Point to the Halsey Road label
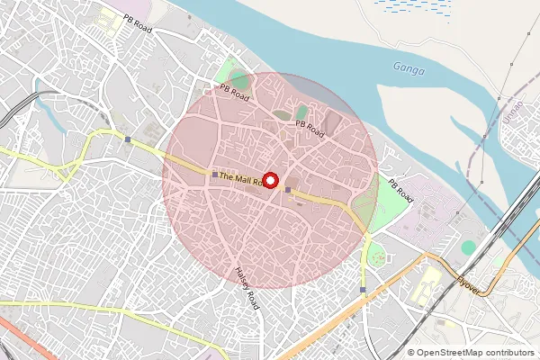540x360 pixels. click(x=246, y=287)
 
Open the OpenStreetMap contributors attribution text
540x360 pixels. click(x=476, y=353)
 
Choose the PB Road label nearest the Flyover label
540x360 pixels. click(x=401, y=190)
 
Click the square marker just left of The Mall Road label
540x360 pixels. click(x=214, y=174)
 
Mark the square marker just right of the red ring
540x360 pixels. click(x=288, y=189)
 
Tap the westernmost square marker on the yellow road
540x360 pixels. click(x=129, y=139)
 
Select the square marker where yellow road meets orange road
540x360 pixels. click(x=362, y=290)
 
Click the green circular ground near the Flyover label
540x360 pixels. click(x=468, y=247)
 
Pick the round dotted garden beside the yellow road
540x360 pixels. click(x=376, y=257)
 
